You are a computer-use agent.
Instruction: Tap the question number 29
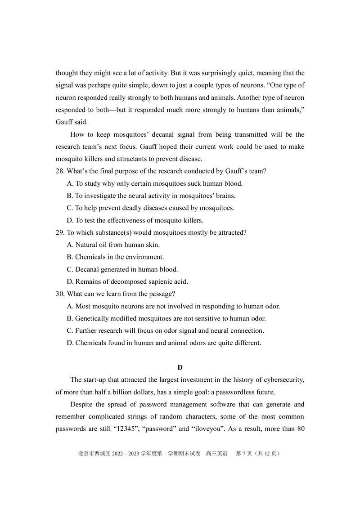(x=60, y=232)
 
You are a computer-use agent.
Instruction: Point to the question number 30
(x=60, y=294)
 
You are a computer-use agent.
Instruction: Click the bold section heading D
(x=180, y=367)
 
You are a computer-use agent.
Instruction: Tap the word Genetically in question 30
(x=94, y=319)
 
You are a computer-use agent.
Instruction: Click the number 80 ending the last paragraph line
(x=301, y=429)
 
